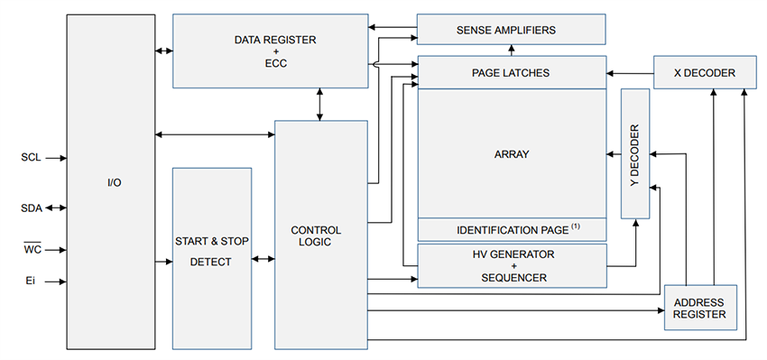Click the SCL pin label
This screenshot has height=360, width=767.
[x=30, y=157]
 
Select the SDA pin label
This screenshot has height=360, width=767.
[x=31, y=208]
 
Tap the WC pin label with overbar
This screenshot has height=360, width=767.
[x=32, y=248]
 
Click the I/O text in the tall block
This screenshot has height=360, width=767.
[x=114, y=183]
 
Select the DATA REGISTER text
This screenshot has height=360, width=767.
[x=270, y=40]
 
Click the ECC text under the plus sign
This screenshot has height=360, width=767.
[x=270, y=65]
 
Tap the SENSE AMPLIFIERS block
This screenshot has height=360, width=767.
[x=511, y=30]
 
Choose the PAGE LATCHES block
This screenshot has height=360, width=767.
[x=511, y=72]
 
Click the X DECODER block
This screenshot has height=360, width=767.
[x=705, y=72]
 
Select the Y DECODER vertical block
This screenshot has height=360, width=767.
[x=635, y=153]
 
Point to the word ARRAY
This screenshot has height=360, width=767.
[x=511, y=154]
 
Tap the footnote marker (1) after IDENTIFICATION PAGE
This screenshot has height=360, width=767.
[x=574, y=226]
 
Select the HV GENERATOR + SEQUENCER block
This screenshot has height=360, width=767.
[x=511, y=265]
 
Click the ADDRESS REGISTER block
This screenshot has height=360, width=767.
[x=699, y=308]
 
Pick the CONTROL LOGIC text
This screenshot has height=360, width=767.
[x=316, y=236]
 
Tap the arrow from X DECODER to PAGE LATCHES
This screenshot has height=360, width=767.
[x=630, y=72]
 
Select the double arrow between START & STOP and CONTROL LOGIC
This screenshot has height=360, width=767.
[x=263, y=260]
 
